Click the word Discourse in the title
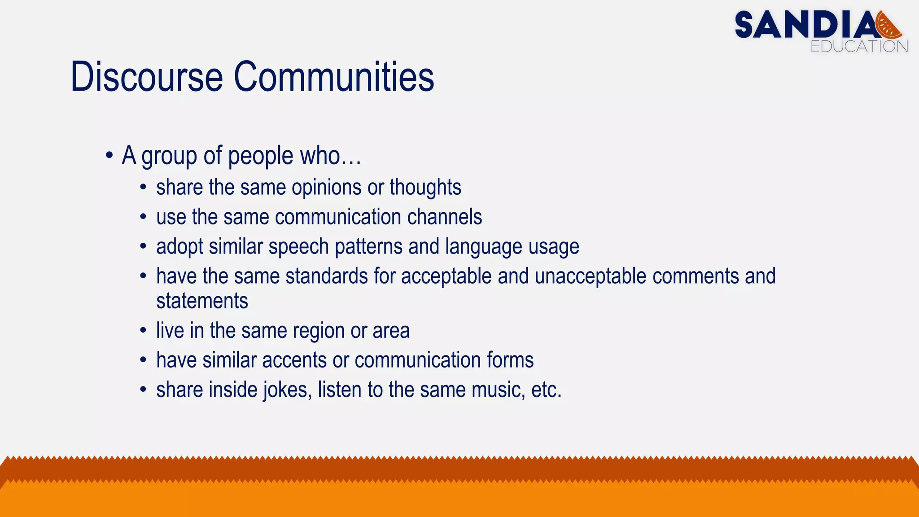[x=147, y=77]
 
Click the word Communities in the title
[x=334, y=77]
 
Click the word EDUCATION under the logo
[x=859, y=47]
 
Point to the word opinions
[x=326, y=188]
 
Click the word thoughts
[x=425, y=188]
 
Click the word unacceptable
[x=591, y=276]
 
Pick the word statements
[x=202, y=301]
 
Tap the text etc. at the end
[x=546, y=390]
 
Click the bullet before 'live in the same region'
[x=143, y=331]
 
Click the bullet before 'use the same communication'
[x=143, y=218]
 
